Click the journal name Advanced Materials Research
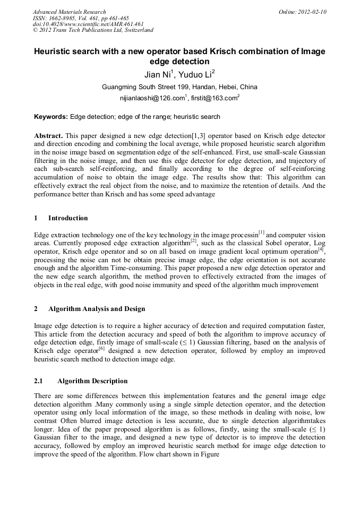pyautogui.click(x=69, y=12)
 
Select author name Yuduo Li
pyautogui.click(x=195, y=74)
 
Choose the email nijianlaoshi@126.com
pyautogui.click(x=152, y=98)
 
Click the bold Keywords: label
pyautogui.click(x=51, y=117)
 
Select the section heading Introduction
pyautogui.click(x=68, y=218)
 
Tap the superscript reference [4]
pyautogui.click(x=321, y=249)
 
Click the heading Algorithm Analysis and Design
pyautogui.click(x=97, y=309)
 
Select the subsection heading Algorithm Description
pyautogui.click(x=92, y=381)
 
